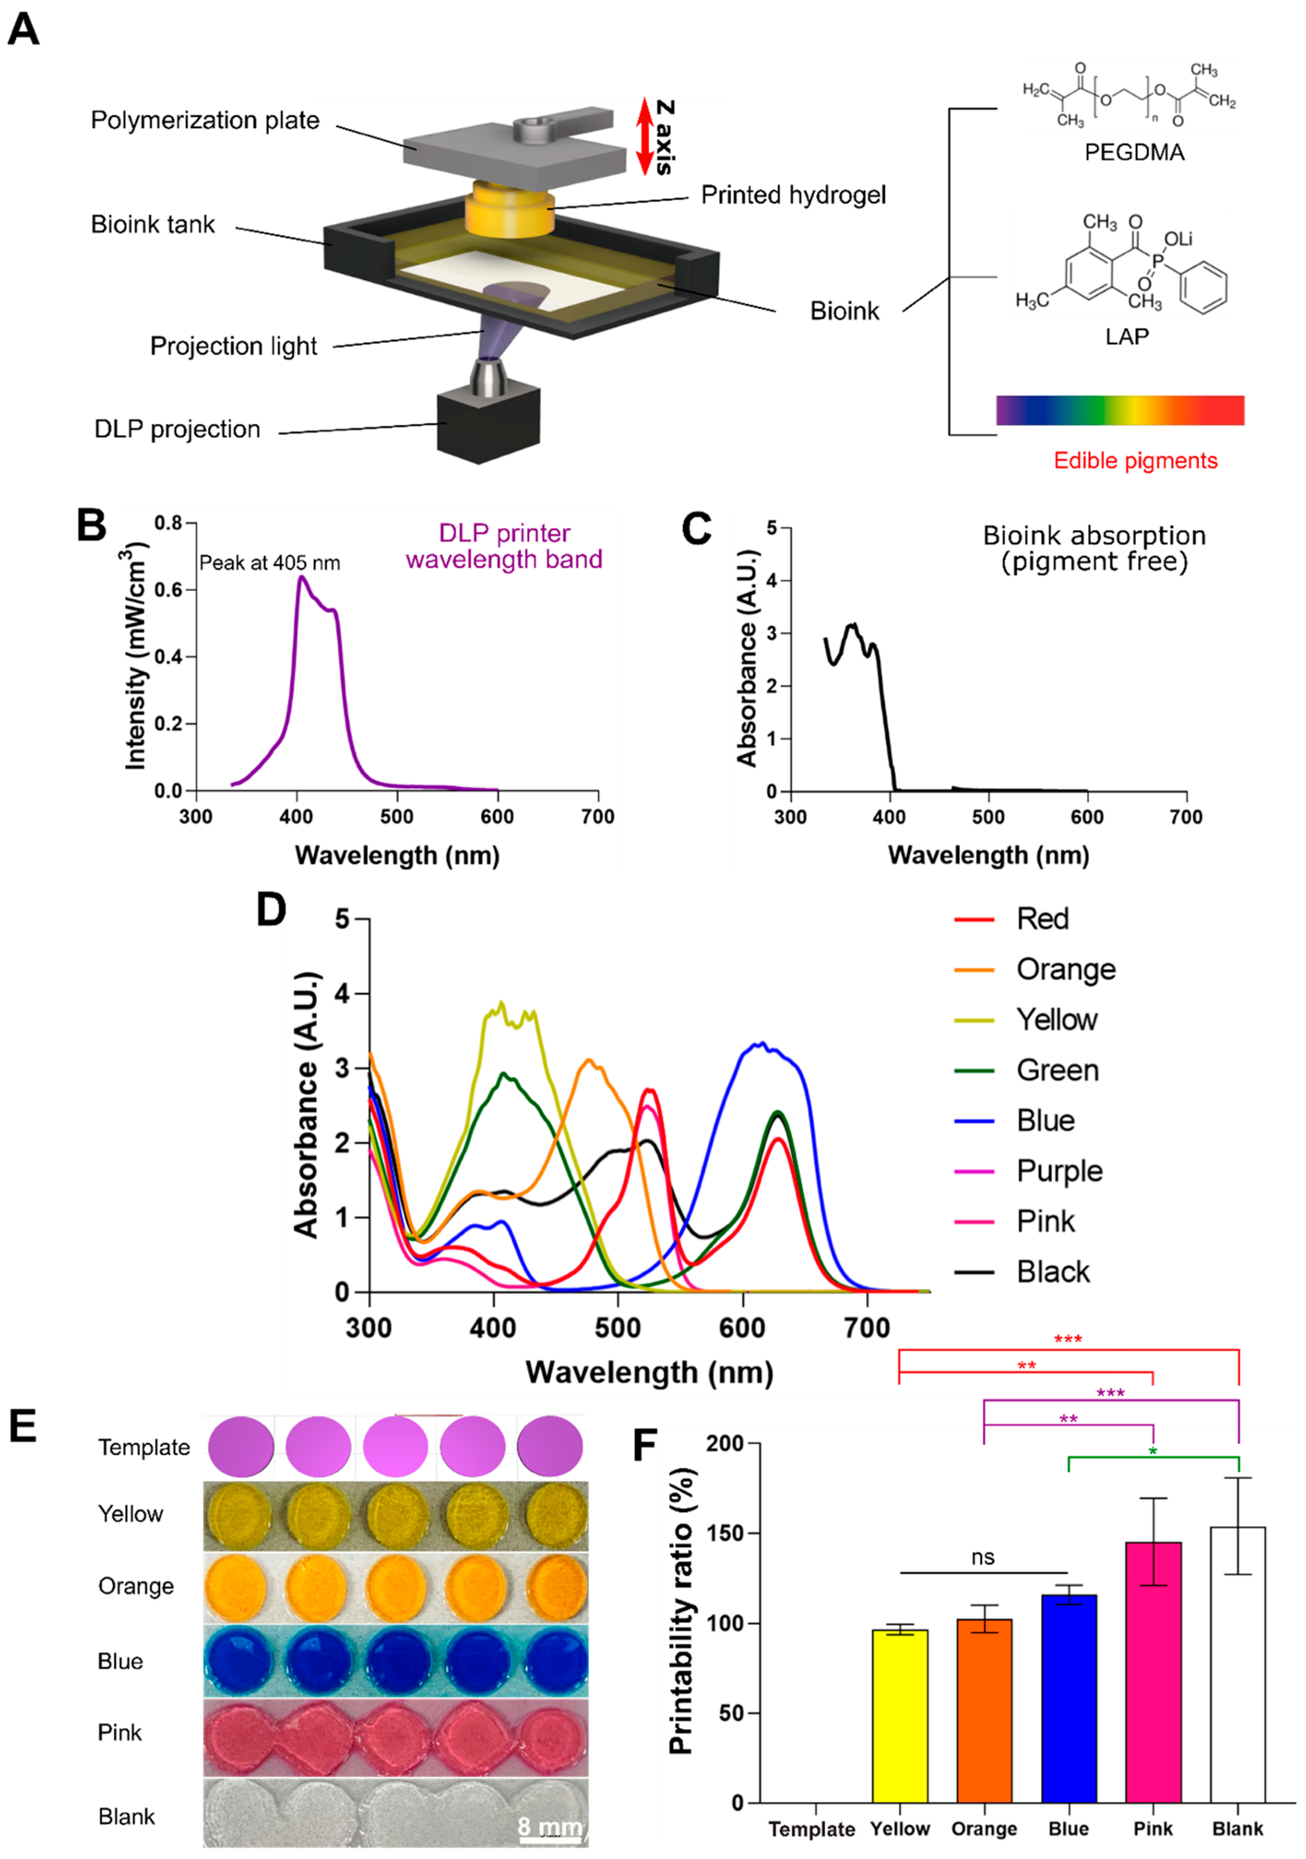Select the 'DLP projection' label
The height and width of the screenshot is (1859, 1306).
177,429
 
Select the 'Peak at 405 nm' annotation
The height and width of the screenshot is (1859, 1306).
270,563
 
